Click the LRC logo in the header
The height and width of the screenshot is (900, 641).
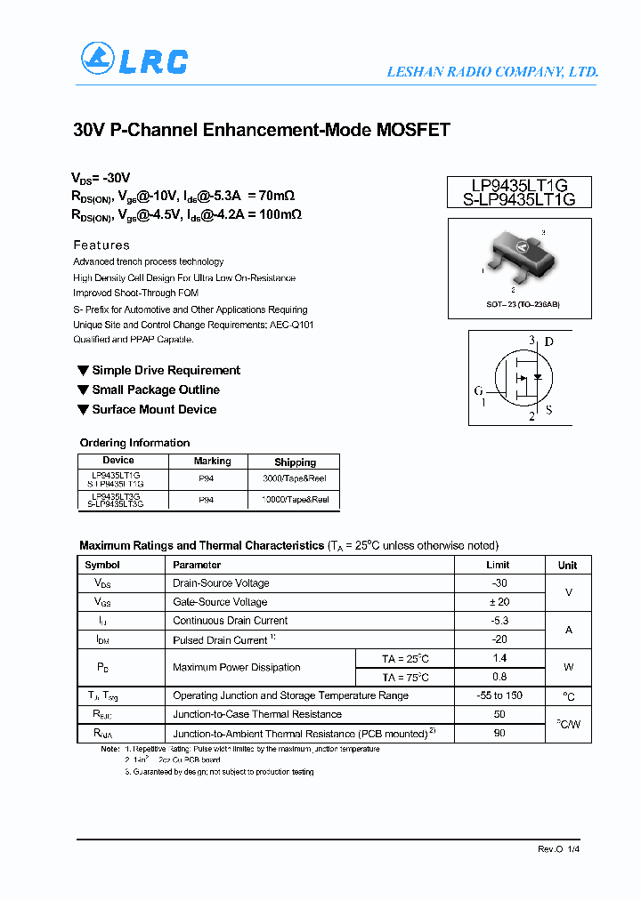[x=134, y=60]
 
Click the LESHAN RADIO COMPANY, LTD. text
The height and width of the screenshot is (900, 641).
[x=491, y=72]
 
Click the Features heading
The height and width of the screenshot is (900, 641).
[x=101, y=245]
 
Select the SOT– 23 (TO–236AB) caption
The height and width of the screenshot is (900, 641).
[x=517, y=304]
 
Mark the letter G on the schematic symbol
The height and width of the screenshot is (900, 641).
[x=479, y=390]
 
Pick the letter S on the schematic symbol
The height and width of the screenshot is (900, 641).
[x=548, y=411]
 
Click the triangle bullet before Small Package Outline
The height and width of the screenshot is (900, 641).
[x=83, y=390]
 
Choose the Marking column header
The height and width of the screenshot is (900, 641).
[x=212, y=462]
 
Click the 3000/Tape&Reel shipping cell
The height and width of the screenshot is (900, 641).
[x=295, y=478]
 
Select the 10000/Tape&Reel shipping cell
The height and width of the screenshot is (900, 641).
[x=295, y=500]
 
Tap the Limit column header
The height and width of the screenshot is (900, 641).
[x=498, y=565]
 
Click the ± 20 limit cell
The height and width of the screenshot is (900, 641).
[x=499, y=602]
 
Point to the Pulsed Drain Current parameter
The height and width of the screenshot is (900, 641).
[x=220, y=640]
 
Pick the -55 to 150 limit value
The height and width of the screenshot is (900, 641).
[x=499, y=695]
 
